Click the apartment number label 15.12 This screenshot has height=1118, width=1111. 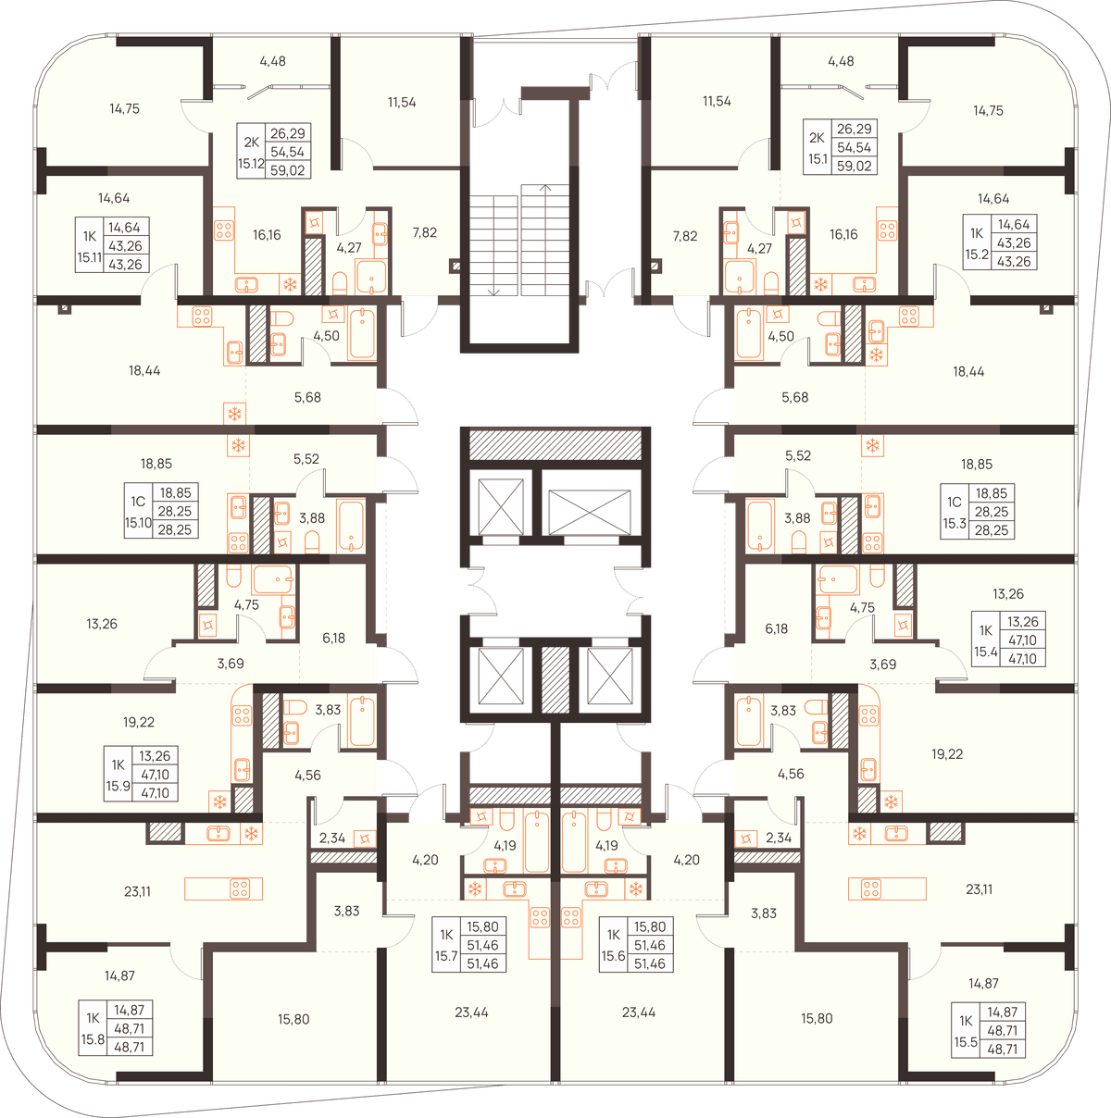251,164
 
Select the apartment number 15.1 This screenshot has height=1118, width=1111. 818,159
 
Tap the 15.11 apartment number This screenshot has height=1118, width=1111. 90,257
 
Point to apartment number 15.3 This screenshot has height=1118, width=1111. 954,523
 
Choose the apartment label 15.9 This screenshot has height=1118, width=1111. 118,787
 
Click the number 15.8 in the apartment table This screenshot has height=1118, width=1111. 93,1039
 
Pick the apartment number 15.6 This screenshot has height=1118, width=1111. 613,956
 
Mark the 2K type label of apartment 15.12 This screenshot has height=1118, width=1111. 251,142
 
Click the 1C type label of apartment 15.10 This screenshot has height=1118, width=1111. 138,502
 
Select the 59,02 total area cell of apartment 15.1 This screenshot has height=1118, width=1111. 854,166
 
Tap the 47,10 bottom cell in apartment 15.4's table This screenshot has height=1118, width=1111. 1022,659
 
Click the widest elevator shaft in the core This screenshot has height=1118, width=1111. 589,512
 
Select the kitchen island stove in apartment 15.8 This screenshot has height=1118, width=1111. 240,888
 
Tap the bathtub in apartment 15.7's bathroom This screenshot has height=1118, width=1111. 536,842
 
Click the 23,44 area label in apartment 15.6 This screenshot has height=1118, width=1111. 639,1012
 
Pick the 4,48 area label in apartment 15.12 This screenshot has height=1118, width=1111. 272,61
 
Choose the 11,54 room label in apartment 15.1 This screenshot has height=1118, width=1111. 717,101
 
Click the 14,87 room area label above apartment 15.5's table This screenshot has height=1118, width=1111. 983,983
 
